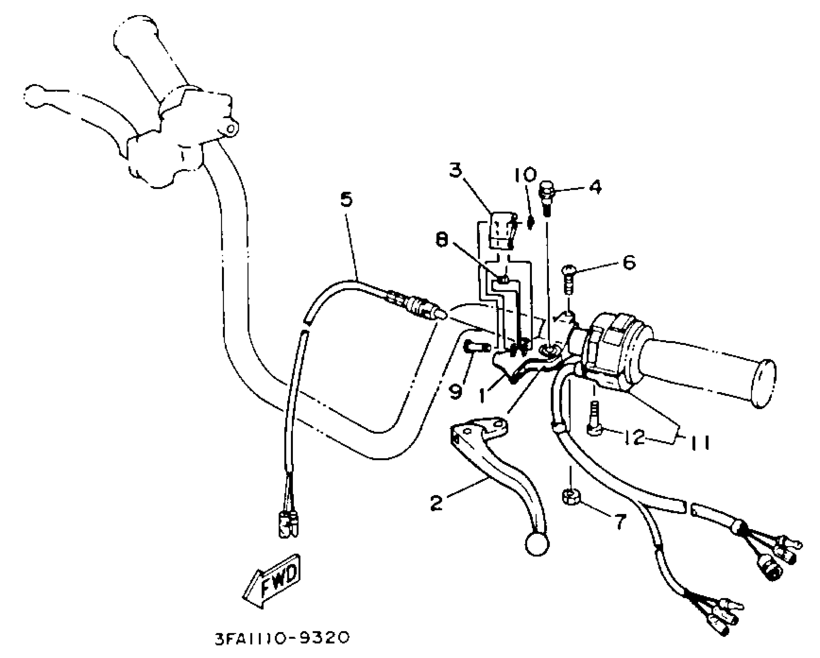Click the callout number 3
click(x=456, y=169)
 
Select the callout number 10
click(x=525, y=175)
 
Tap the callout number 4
click(x=595, y=187)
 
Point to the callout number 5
click(x=346, y=199)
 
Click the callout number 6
click(x=629, y=262)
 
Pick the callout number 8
click(x=441, y=240)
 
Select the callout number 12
click(x=634, y=437)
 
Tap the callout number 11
click(x=700, y=442)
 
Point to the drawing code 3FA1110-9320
click(x=282, y=637)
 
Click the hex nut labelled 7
click(x=570, y=497)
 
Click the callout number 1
click(x=482, y=395)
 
